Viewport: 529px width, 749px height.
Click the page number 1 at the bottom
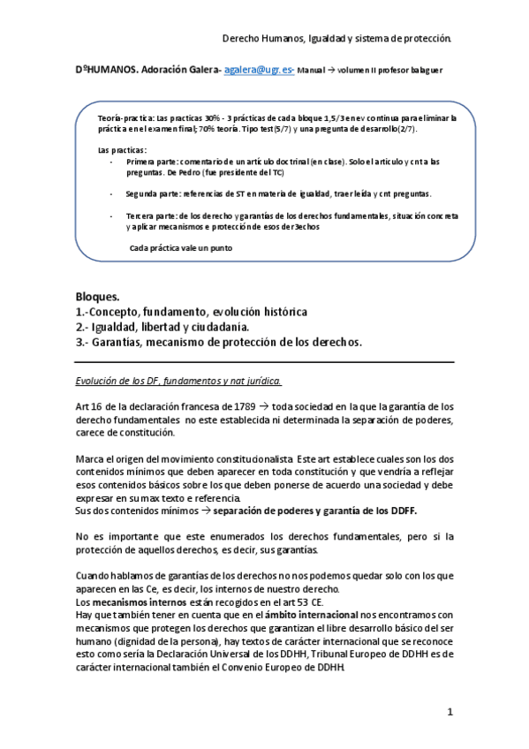tap(449, 712)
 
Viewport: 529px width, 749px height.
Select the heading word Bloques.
tap(97, 298)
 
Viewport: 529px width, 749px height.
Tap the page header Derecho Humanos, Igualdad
tap(336, 39)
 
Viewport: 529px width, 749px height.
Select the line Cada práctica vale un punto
tap(181, 247)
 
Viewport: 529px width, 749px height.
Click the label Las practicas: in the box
tap(120, 150)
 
